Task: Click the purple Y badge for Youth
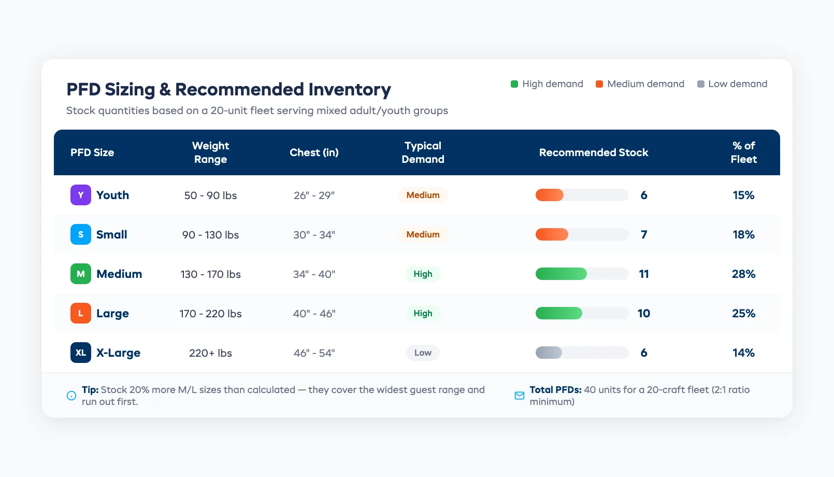pyautogui.click(x=81, y=195)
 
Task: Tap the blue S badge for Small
pyautogui.click(x=81, y=234)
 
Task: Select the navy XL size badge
pyautogui.click(x=81, y=353)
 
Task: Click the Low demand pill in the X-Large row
pyautogui.click(x=423, y=353)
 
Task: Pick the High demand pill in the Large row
pyautogui.click(x=423, y=313)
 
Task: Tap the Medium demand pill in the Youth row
pyautogui.click(x=423, y=195)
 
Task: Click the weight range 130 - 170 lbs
pyautogui.click(x=210, y=274)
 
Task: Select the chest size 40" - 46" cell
pyautogui.click(x=314, y=313)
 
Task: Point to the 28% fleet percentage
pyautogui.click(x=743, y=274)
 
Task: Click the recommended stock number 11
pyautogui.click(x=644, y=274)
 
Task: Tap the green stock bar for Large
pyautogui.click(x=559, y=313)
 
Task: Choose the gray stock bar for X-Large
pyautogui.click(x=549, y=353)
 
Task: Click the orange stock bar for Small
pyautogui.click(x=552, y=234)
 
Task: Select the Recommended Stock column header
pyautogui.click(x=594, y=152)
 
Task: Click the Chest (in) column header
pyautogui.click(x=314, y=152)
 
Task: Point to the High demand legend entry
pyautogui.click(x=547, y=84)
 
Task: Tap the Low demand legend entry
pyautogui.click(x=732, y=84)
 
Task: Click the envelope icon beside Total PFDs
pyautogui.click(x=520, y=396)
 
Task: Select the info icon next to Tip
pyautogui.click(x=71, y=396)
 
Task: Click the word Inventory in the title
pyautogui.click(x=350, y=90)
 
